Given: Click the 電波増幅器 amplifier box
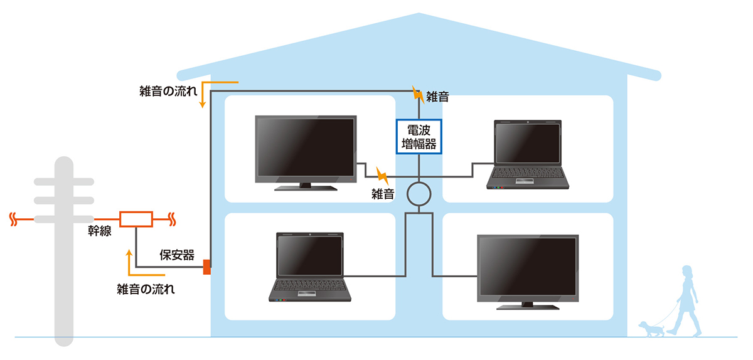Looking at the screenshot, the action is pos(419,137).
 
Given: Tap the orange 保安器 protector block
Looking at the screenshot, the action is pos(207,267).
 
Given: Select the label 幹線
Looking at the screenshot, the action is pos(100,231).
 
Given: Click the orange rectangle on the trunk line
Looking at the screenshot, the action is pos(136,219).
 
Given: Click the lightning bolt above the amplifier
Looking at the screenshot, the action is pos(418,95).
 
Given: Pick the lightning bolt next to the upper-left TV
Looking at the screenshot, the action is pos(382,176).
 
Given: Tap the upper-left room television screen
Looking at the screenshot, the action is pos(306,147).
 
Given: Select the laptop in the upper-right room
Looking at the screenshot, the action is pos(528,154).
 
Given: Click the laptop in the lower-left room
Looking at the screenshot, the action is pos(310,267).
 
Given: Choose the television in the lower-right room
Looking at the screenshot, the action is pos(528,272).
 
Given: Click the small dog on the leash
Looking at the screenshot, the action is pos(651,329).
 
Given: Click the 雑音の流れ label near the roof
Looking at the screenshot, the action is pos(168,91).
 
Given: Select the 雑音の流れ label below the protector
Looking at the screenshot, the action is pos(146,289).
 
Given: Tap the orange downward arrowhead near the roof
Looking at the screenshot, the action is pos(202,104).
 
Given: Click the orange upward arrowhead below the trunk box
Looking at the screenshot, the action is pos(129,253).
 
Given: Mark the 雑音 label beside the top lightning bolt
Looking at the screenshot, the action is pos(438,97).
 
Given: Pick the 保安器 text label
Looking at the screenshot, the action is pos(177,255).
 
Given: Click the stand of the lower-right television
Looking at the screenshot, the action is pos(528,306).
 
